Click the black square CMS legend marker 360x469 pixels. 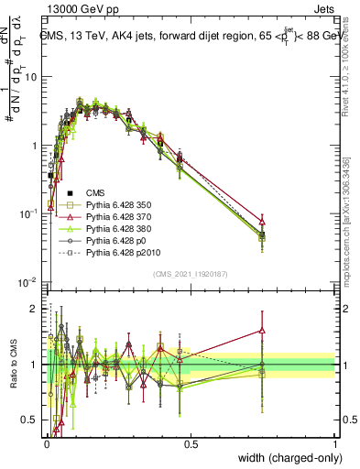pos(71,193)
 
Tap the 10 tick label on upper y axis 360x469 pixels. pos(30,77)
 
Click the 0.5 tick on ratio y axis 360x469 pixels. pos(30,420)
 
